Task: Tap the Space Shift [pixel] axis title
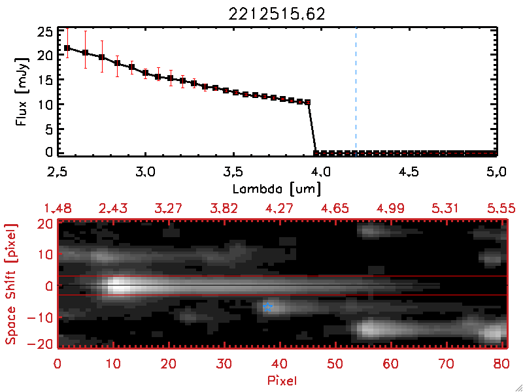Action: coord(11,284)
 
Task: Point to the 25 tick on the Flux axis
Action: coord(44,31)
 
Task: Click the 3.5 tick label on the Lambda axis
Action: coord(233,174)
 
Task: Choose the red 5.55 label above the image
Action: coord(502,208)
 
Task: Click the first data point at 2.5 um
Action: coord(67,48)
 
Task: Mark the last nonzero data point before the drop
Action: coord(307,102)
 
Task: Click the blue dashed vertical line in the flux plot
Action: coord(356,91)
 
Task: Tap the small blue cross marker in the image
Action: coord(267,306)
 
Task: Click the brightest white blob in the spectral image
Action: coord(118,286)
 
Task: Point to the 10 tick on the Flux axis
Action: coord(44,105)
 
